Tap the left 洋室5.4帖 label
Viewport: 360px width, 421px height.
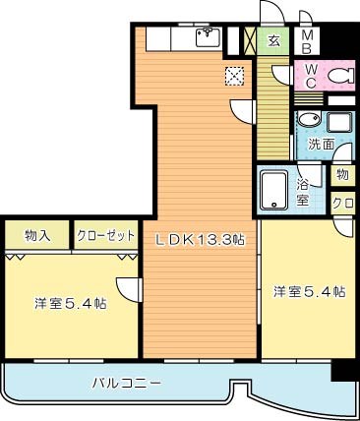tap(70, 303)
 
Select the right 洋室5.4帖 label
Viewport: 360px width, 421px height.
tap(309, 292)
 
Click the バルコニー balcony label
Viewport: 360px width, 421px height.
tap(128, 382)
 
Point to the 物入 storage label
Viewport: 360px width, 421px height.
tap(37, 236)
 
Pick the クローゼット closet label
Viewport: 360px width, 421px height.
tap(105, 236)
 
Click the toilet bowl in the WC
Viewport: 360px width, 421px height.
tap(339, 75)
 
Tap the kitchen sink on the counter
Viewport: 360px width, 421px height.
tap(207, 38)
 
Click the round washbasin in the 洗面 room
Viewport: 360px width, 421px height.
tap(309, 121)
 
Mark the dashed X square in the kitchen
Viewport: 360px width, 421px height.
tap(234, 75)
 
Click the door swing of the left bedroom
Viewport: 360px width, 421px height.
tap(127, 288)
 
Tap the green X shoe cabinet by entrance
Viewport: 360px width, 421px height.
tap(250, 40)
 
